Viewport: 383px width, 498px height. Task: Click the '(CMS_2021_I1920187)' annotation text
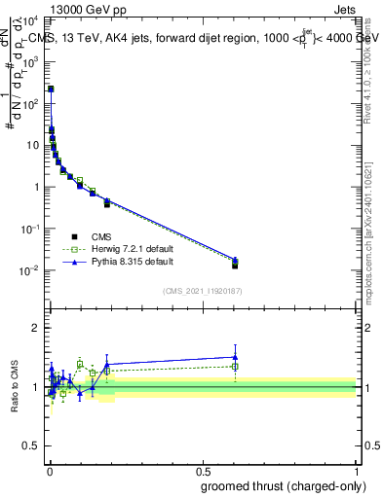point(204,291)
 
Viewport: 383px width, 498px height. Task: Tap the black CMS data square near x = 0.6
point(235,265)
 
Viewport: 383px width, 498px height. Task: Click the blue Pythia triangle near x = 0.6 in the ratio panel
point(235,356)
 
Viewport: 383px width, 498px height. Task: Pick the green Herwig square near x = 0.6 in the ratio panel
point(235,367)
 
